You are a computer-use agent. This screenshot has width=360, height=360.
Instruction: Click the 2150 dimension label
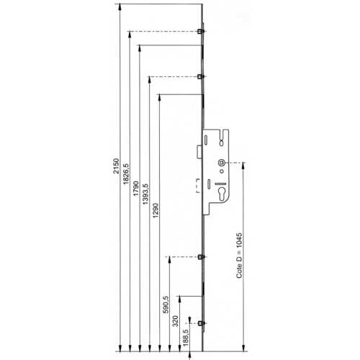tap(116, 166)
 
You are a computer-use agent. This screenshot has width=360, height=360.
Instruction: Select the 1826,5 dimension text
tap(126, 174)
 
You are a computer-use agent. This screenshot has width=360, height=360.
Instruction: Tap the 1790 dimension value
tap(136, 189)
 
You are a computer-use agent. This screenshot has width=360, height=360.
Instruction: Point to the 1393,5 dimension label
tap(145, 194)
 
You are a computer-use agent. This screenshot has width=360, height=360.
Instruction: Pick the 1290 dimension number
tap(156, 210)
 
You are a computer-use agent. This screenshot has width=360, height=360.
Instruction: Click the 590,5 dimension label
tap(166, 305)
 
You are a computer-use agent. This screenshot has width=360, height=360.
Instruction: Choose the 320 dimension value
tap(176, 321)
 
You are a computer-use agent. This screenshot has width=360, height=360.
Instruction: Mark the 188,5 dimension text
tap(186, 338)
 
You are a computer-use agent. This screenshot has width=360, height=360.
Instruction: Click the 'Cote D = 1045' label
tap(239, 256)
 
